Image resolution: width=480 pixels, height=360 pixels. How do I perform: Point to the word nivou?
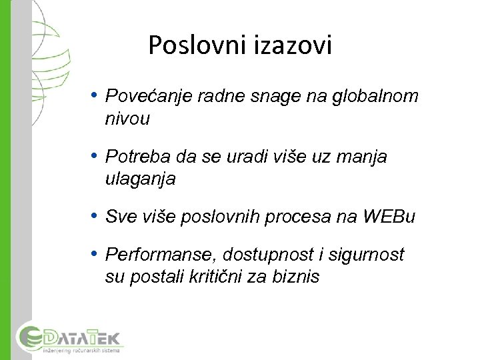[x=127, y=119]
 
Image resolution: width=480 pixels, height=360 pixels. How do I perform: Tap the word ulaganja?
[x=140, y=179]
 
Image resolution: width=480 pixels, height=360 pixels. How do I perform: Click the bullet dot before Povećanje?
[x=96, y=95]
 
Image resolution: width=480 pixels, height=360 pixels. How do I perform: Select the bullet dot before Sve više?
[x=96, y=216]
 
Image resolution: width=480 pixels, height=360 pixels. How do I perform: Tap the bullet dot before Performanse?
[x=96, y=253]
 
